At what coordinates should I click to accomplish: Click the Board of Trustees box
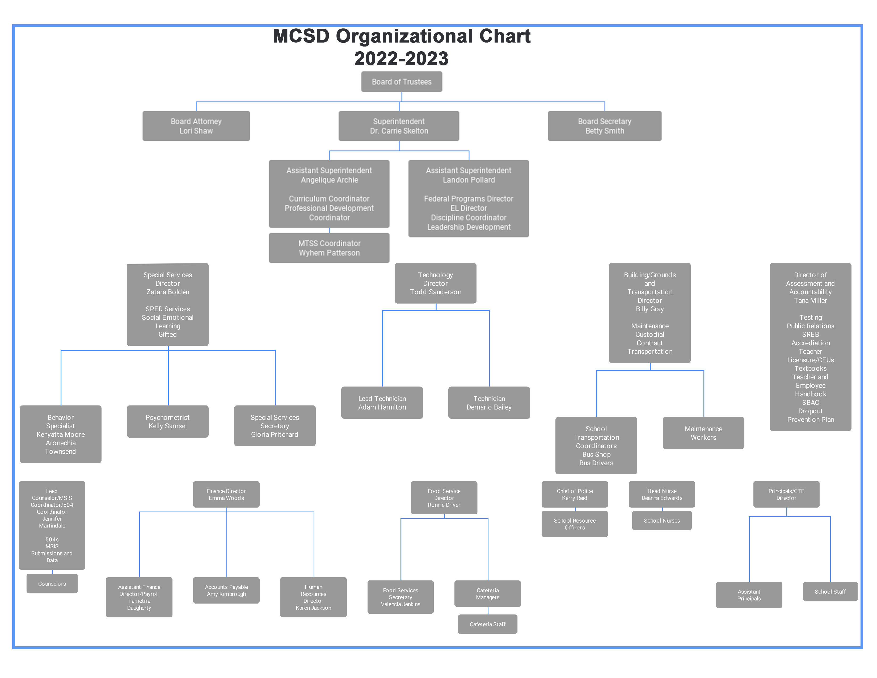pos(402,82)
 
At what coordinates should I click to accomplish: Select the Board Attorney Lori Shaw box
pos(196,126)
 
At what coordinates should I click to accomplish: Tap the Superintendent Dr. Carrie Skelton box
pos(399,126)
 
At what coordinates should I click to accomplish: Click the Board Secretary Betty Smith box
pos(604,126)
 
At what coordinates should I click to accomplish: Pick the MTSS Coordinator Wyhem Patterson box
pos(329,248)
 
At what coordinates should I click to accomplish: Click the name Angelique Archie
pos(329,180)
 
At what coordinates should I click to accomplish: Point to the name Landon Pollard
pos(469,180)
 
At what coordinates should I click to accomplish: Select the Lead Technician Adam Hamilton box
pos(382,403)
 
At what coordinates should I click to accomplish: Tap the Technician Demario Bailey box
pos(489,403)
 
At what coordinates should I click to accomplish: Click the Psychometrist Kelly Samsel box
pos(167,421)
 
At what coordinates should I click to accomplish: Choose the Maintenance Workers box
pos(703,433)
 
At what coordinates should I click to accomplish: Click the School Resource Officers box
pos(575,524)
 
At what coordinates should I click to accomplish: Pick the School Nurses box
pos(662,521)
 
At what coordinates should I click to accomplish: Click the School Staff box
pos(830,591)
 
